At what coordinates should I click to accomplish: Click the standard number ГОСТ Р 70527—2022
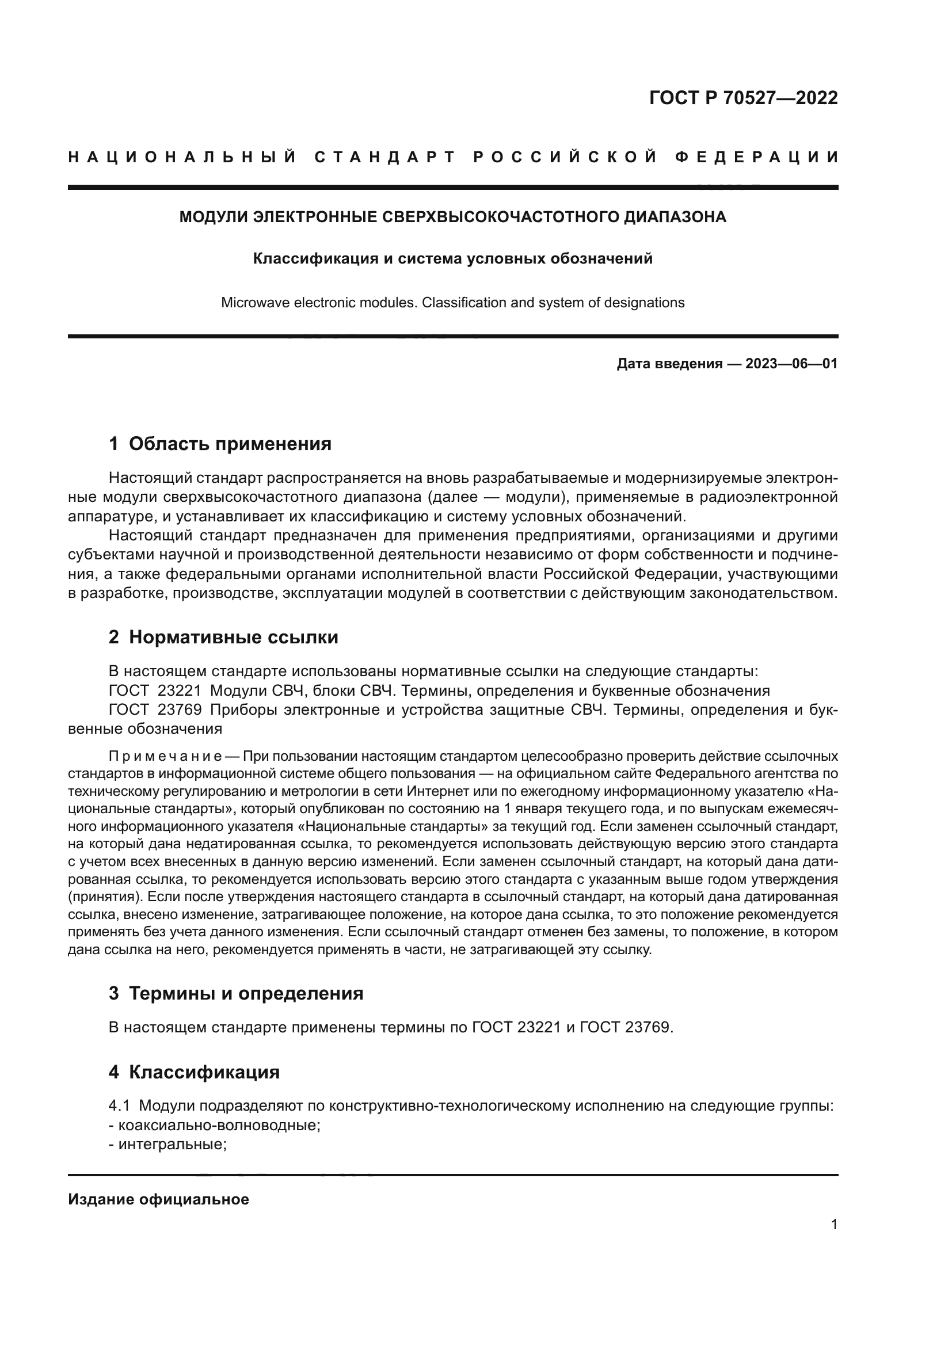pos(743,98)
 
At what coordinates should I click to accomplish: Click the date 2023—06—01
pos(791,364)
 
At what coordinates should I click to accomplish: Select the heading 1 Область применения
pos(220,444)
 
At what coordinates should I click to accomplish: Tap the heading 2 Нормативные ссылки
pos(223,637)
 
